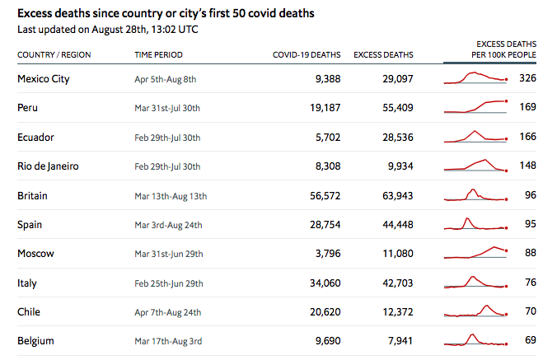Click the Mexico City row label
pyautogui.click(x=43, y=78)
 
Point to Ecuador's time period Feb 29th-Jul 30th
pyautogui.click(x=167, y=137)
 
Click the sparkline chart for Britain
pyautogui.click(x=476, y=195)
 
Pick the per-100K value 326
pyautogui.click(x=527, y=78)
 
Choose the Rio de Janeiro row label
pyautogui.click(x=48, y=166)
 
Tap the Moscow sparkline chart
pyautogui.click(x=476, y=253)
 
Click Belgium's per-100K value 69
pyautogui.click(x=530, y=340)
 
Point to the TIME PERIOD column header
pyautogui.click(x=158, y=55)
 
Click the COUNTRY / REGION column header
pyautogui.click(x=54, y=55)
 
